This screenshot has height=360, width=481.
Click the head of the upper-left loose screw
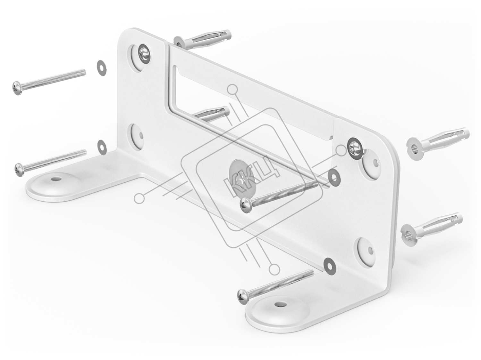pyautogui.click(x=17, y=88)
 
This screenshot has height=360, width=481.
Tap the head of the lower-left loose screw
pyautogui.click(x=19, y=170)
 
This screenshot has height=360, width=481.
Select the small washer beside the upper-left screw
pyautogui.click(x=102, y=68)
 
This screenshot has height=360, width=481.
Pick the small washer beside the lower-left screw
pyautogui.click(x=102, y=147)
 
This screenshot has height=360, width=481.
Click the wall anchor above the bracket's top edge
pyautogui.click(x=202, y=40)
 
